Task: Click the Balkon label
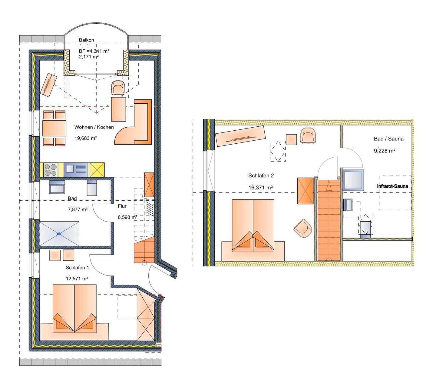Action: (86, 40)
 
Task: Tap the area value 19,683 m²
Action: (85, 138)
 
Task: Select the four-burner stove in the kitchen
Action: (51, 170)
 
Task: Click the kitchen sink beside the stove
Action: (76, 170)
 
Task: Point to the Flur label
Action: (122, 206)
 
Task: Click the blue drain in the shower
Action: (59, 234)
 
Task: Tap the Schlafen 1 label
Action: (77, 268)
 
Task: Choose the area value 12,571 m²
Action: (77, 279)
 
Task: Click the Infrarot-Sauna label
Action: (392, 186)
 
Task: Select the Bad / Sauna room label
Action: (389, 139)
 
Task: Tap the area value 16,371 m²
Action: (261, 188)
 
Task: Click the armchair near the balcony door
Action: (117, 88)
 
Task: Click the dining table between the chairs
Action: (54, 128)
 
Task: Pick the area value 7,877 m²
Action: (78, 209)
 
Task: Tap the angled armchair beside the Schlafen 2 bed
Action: (303, 229)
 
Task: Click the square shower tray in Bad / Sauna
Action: (353, 180)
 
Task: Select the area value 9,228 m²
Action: (385, 151)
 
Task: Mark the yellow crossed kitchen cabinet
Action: (97, 170)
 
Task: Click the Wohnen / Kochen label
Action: (94, 127)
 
